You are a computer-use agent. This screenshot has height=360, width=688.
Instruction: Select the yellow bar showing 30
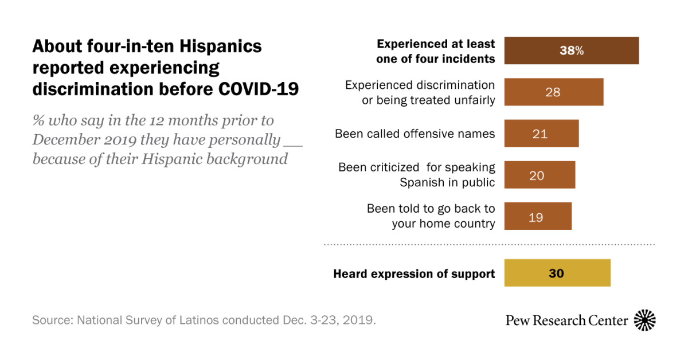tap(557, 273)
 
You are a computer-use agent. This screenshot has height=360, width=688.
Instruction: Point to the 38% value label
tap(571, 50)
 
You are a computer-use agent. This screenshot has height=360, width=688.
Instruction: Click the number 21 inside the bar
tap(540, 134)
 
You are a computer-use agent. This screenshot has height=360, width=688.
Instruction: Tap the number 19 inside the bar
tap(536, 217)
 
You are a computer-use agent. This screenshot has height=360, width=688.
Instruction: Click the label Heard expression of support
tap(414, 273)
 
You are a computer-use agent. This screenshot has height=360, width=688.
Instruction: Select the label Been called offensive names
tap(415, 134)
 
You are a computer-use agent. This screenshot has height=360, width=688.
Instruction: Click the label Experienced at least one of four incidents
tap(436, 51)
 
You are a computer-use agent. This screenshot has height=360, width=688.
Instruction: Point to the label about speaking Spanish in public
tap(416, 175)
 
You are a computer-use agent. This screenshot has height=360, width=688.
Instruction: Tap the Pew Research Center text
tap(566, 320)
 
